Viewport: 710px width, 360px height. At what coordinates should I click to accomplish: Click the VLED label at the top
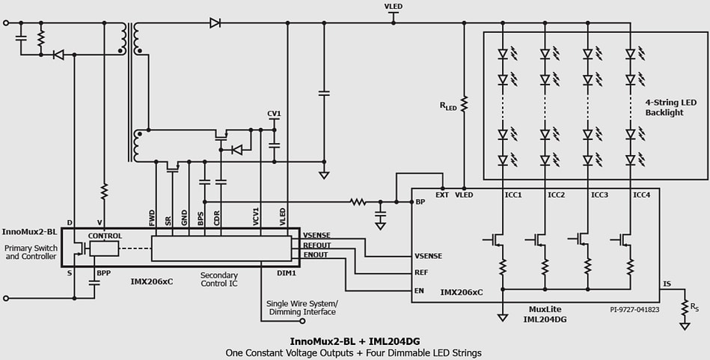[394, 7]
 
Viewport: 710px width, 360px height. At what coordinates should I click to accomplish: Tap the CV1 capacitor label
[274, 114]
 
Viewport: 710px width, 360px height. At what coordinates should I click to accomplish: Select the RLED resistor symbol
[464, 105]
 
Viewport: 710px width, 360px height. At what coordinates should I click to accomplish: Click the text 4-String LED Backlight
[670, 107]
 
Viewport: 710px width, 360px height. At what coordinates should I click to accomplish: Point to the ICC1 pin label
[513, 195]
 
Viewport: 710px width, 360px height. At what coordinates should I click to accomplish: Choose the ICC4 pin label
[642, 195]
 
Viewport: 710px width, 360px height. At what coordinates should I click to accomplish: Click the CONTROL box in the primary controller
[105, 236]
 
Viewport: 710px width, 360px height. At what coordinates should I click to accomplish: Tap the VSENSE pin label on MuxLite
[428, 256]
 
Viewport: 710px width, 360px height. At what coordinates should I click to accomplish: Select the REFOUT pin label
[316, 245]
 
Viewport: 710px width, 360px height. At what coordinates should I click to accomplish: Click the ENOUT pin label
[315, 254]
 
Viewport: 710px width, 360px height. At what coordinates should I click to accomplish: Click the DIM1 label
[287, 273]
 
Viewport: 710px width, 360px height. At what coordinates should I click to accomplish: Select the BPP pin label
[103, 273]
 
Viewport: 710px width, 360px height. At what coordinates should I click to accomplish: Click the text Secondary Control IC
[218, 280]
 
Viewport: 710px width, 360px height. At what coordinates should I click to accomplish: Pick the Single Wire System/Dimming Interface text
[302, 308]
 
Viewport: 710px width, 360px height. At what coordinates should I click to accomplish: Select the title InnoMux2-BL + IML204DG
[354, 341]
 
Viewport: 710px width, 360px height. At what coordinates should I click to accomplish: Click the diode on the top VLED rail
[215, 23]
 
